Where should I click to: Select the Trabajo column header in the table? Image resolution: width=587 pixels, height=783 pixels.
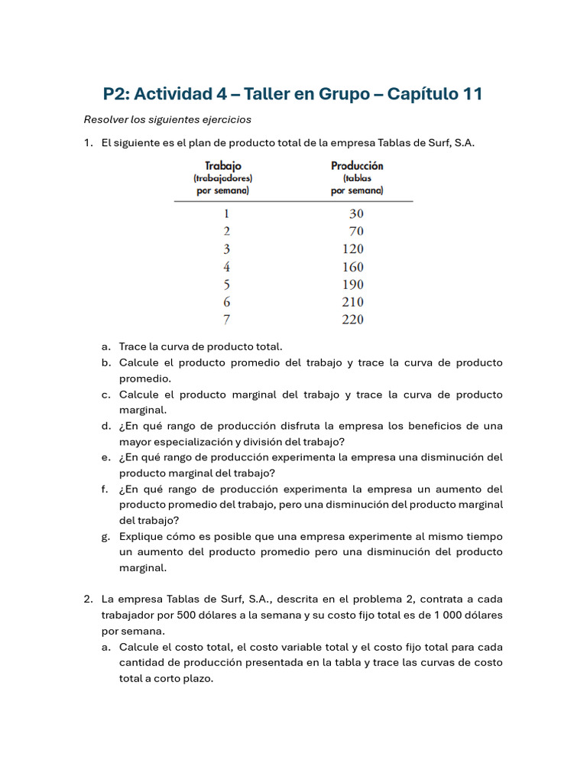(x=222, y=165)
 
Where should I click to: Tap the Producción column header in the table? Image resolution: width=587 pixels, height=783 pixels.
(x=357, y=165)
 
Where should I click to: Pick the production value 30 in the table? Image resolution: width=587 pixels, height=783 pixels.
(x=356, y=214)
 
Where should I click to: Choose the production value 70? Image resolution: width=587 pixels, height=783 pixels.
(x=356, y=232)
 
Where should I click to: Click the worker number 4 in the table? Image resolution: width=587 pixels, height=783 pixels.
(x=226, y=267)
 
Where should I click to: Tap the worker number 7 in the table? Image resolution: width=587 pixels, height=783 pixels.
(x=226, y=320)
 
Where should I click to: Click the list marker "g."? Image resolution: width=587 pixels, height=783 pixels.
(x=105, y=536)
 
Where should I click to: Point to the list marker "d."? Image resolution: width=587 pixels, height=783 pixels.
(x=105, y=426)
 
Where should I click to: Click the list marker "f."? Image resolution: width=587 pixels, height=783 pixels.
(x=105, y=489)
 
